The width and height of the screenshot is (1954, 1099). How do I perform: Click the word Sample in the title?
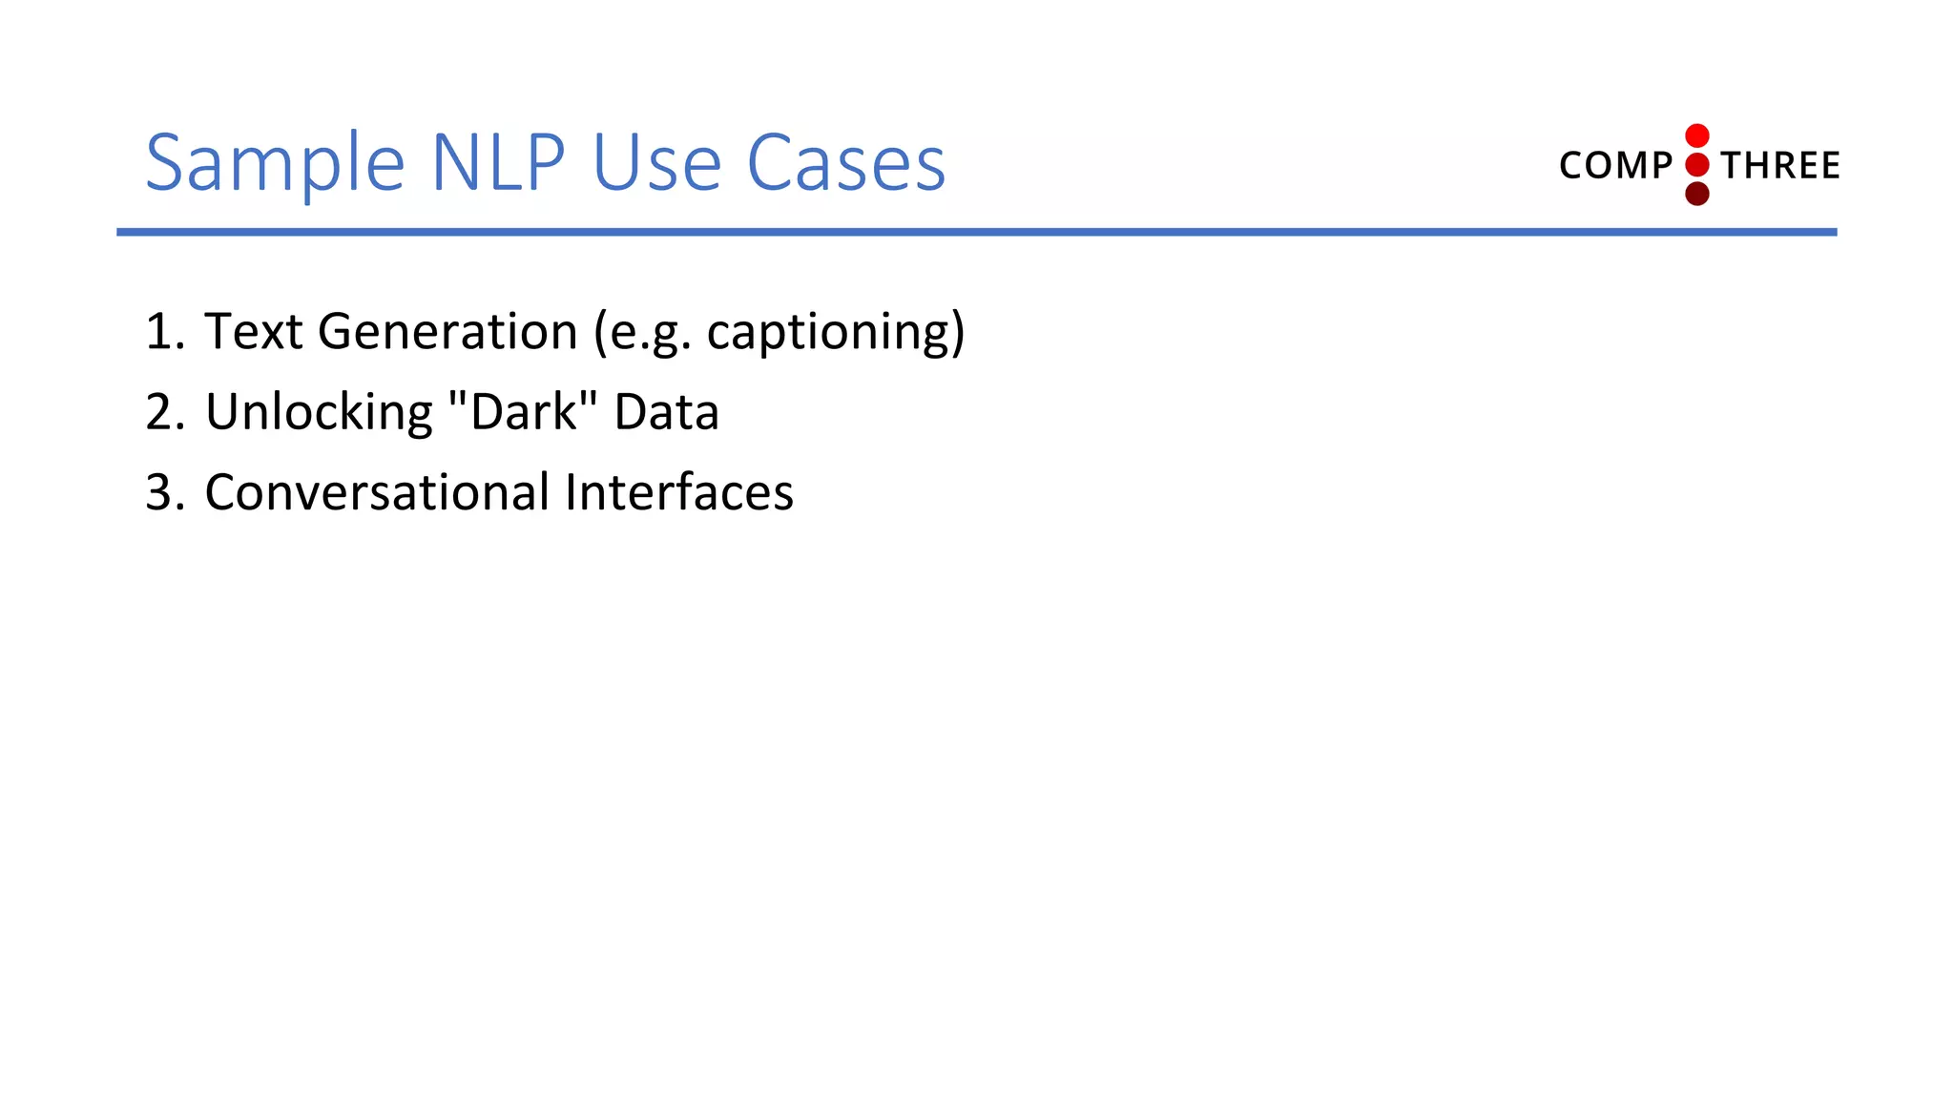(275, 164)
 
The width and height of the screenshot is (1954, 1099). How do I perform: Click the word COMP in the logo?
(1615, 166)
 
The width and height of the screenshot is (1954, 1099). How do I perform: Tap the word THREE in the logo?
(1780, 166)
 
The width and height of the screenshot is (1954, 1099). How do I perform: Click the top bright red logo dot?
(1696, 135)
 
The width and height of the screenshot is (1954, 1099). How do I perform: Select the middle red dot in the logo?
(1696, 165)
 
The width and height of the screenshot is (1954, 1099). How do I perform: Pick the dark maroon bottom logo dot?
(1696, 195)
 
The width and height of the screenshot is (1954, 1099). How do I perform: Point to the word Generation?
(447, 332)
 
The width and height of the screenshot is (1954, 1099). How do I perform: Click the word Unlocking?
(319, 412)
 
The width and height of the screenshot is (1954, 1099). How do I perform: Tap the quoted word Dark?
(524, 412)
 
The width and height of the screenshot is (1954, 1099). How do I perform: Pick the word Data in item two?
(666, 412)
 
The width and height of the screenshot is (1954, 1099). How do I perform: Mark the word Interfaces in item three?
(678, 493)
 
